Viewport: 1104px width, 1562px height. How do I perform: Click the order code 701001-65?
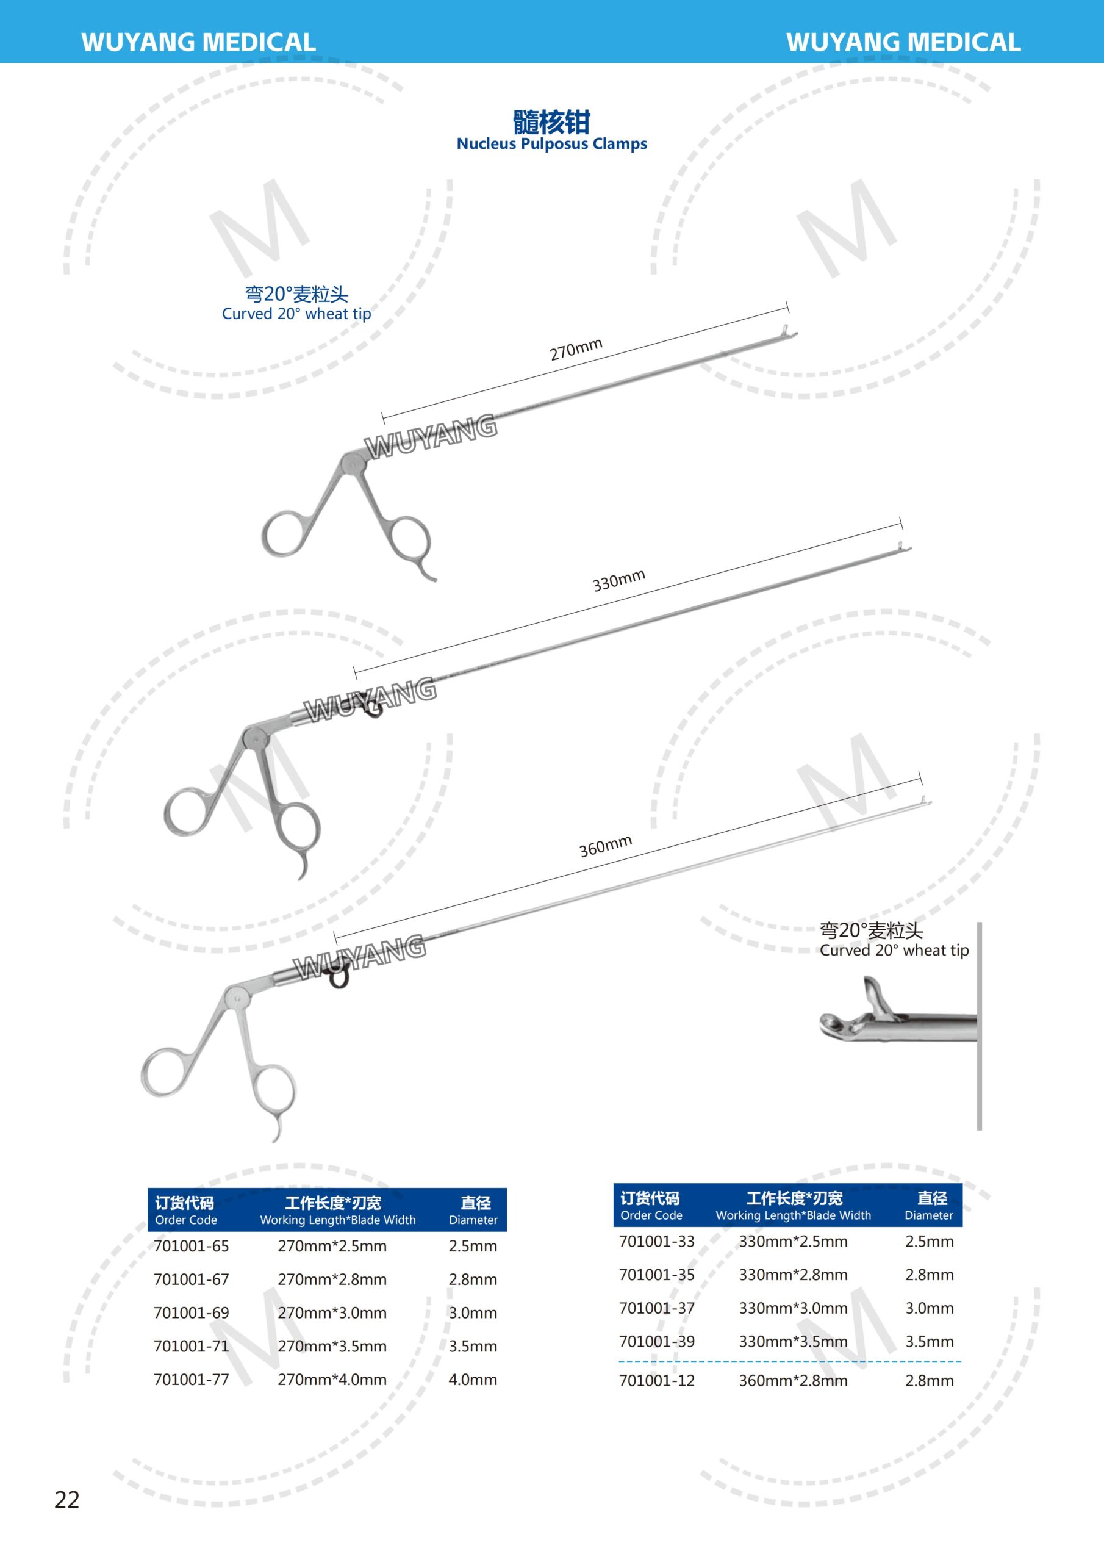tap(191, 1246)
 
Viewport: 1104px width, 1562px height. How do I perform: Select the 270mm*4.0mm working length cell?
tap(332, 1379)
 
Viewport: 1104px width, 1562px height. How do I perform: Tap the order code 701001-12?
tap(656, 1380)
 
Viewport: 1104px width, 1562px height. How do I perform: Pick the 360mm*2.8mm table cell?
tap(793, 1380)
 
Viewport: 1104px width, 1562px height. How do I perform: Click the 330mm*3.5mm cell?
tap(793, 1342)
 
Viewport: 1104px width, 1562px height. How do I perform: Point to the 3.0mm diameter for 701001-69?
tap(473, 1312)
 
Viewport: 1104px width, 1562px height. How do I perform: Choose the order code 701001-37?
tap(656, 1308)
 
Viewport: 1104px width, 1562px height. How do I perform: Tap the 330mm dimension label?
tap(618, 581)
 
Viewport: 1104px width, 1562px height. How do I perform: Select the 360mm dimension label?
tap(606, 846)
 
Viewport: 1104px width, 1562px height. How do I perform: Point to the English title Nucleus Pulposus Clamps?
tap(551, 143)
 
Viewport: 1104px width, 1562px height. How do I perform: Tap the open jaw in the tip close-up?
tap(873, 998)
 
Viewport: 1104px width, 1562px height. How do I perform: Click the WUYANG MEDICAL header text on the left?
tap(198, 42)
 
